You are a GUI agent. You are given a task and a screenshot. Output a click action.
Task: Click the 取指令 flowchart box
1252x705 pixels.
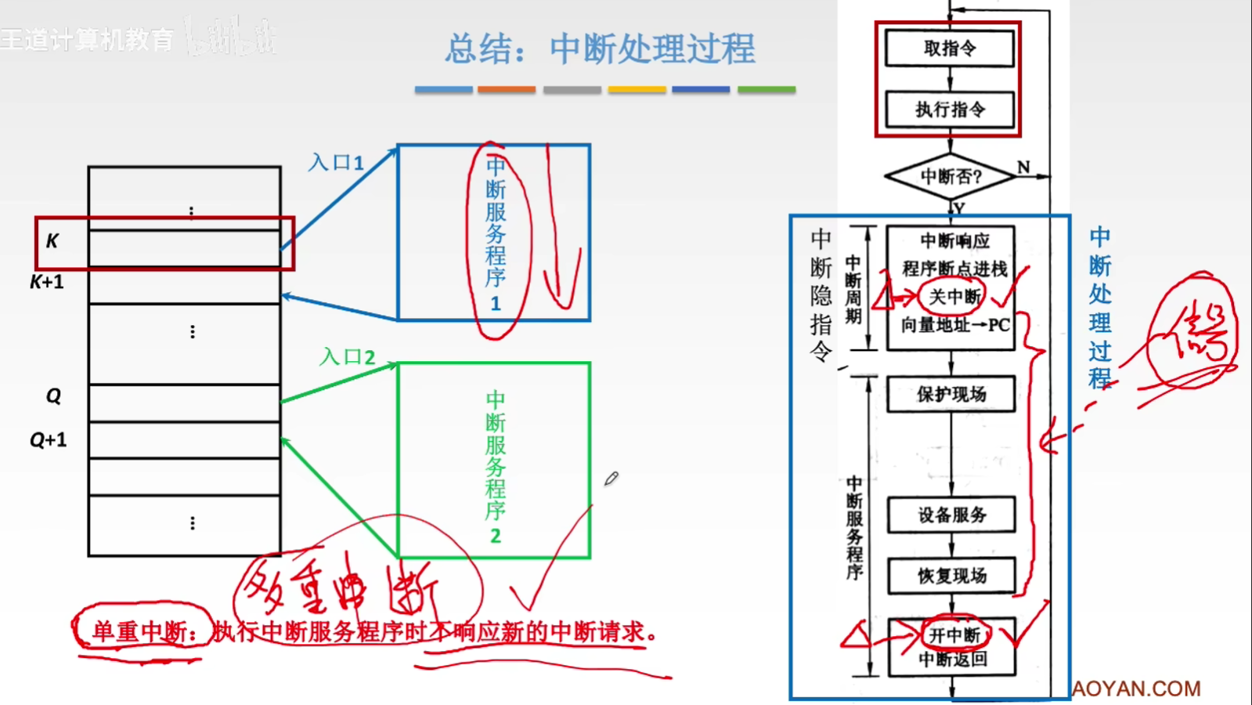[x=949, y=49]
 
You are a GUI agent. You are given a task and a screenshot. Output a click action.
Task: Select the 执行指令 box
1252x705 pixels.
[x=949, y=110]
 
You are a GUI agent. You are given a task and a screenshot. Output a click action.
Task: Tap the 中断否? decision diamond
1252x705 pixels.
[x=950, y=177]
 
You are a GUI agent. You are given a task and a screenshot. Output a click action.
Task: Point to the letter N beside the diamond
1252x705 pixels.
[x=1023, y=167]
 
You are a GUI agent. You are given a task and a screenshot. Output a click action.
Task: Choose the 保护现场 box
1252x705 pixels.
[x=951, y=394]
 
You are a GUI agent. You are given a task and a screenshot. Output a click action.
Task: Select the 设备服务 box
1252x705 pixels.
[x=951, y=515]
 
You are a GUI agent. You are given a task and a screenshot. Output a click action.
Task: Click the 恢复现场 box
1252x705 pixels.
[x=951, y=576]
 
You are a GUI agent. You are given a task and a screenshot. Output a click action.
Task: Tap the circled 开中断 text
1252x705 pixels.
[x=954, y=634]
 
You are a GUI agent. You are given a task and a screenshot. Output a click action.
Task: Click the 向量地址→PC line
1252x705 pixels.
[x=954, y=325]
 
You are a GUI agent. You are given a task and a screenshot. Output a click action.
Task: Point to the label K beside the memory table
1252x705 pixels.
[x=52, y=241]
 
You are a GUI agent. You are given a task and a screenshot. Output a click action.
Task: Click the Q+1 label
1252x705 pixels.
[x=49, y=440]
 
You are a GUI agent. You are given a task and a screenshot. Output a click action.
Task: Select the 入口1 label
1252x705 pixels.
[x=336, y=163]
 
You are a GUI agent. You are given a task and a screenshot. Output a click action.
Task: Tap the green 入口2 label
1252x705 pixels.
[x=347, y=357]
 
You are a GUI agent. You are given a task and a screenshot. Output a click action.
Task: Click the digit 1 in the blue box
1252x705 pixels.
[x=495, y=304]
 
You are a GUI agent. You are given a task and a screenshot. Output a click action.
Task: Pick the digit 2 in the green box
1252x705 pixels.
[x=495, y=537]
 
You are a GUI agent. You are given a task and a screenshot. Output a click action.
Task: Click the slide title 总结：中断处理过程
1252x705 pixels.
[x=600, y=49]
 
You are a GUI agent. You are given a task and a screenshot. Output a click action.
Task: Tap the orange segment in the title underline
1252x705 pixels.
[x=507, y=90]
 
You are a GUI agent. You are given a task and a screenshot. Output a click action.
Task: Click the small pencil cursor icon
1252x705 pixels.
[x=612, y=478]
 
